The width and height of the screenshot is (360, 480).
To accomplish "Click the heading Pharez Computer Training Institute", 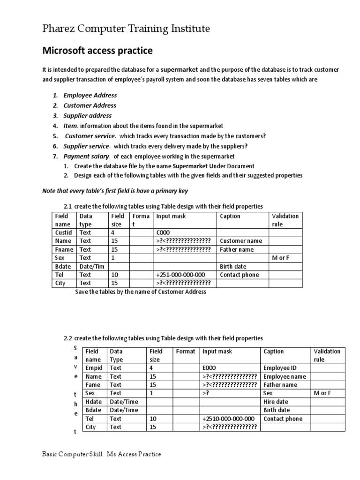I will (x=126, y=29).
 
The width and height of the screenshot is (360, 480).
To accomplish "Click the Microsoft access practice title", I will (x=97, y=50).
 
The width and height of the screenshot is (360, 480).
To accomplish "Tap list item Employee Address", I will (x=90, y=95).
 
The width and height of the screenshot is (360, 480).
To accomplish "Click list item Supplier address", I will (x=87, y=115).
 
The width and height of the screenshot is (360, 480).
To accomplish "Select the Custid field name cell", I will (x=63, y=232).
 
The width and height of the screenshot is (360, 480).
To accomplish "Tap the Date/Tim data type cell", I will (x=92, y=266).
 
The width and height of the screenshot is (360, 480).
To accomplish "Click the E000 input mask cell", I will (x=209, y=368).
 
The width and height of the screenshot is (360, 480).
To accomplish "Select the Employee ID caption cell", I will (x=280, y=368).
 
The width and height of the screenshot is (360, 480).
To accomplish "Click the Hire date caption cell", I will (x=276, y=402).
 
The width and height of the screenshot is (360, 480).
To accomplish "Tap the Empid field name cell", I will (x=94, y=368).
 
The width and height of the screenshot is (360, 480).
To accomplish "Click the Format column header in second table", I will (x=185, y=351).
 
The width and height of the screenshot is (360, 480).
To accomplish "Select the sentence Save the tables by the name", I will (x=141, y=292).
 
